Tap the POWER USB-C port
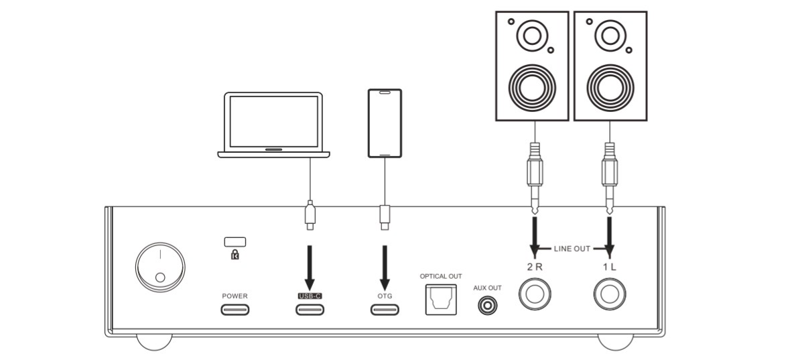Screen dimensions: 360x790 click(235, 310)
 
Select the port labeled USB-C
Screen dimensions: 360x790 click(310, 310)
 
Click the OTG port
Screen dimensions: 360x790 click(385, 310)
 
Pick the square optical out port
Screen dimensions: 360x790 click(440, 300)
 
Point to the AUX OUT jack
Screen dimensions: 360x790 click(487, 306)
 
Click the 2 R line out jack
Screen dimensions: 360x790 click(535, 294)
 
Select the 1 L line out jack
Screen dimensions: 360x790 click(610, 294)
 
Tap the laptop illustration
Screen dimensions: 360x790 click(274, 125)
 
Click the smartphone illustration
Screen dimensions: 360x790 click(385, 123)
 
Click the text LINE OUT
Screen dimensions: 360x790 click(572, 249)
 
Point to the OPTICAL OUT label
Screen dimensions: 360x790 click(440, 276)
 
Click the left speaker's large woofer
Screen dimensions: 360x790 click(533, 86)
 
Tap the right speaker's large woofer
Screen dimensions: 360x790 click(610, 86)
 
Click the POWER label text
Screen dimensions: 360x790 click(235, 296)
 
